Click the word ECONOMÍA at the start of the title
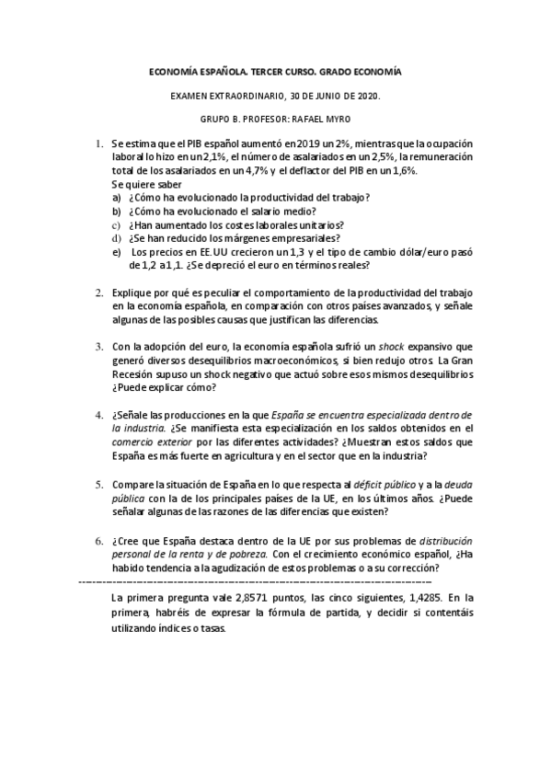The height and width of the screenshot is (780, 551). click(x=172, y=71)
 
